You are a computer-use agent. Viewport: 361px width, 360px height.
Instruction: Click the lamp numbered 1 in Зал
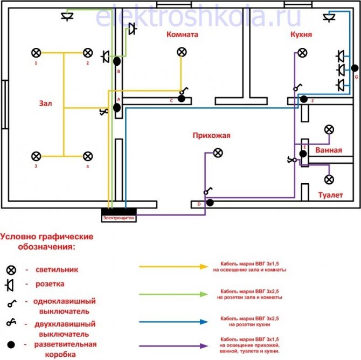point(36,53)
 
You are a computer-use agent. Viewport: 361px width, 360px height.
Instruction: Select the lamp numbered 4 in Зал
point(87,156)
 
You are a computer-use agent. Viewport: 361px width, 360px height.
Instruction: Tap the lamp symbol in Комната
point(182,52)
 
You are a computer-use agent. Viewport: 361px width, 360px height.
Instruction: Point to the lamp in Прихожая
point(218,153)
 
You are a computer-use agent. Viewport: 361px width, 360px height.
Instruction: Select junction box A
point(117,108)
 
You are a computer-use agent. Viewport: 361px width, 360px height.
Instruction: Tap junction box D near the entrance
point(210,203)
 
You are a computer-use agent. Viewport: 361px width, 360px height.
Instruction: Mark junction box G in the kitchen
point(355,68)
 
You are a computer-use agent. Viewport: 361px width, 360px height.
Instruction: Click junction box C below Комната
point(182,99)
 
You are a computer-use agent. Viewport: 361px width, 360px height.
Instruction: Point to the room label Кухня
point(301,34)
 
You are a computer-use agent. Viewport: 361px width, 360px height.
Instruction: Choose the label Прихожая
point(211,136)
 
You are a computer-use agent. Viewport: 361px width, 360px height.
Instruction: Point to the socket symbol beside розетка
point(11,284)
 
